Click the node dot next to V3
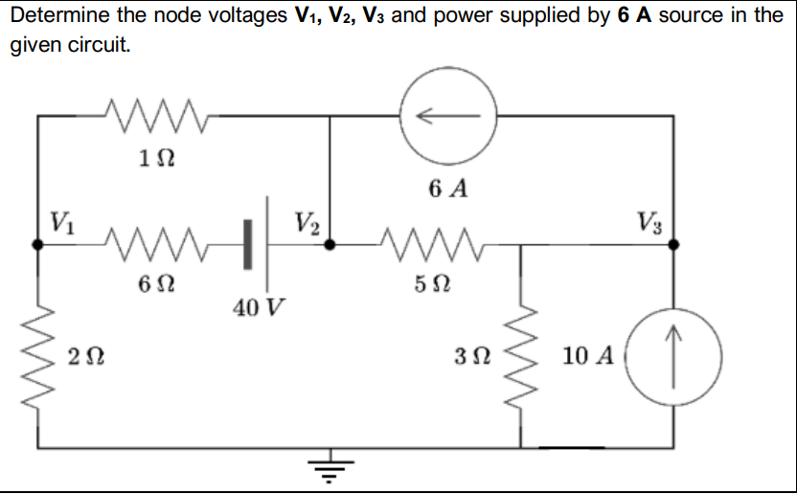[673, 244]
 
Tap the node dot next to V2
[330, 244]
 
